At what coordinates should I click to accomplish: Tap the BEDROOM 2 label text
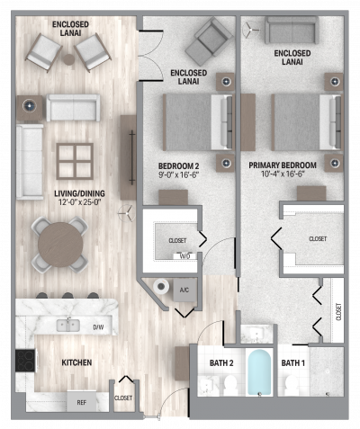point(178,166)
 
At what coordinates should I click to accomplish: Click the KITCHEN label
point(76,362)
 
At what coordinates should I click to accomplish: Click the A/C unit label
point(184,290)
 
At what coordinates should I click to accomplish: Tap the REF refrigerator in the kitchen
point(80,404)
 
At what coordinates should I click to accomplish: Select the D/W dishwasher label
point(97,327)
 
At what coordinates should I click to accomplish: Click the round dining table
point(59,241)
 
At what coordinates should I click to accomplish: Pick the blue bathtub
point(259,373)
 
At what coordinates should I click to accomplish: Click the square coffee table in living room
point(70,162)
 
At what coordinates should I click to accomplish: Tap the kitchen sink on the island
point(67,325)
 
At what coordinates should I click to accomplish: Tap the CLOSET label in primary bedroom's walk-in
point(318,239)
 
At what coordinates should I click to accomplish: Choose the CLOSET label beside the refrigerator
point(123,397)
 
